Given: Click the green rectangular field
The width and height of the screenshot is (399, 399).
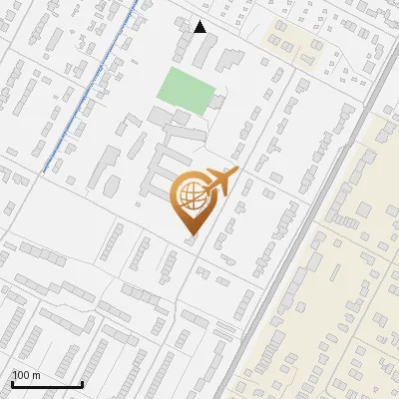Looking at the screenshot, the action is pos(187,92).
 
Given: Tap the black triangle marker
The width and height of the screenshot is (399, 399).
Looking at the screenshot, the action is pos(200,27).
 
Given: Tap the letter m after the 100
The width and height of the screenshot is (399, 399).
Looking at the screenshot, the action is pos(36,374).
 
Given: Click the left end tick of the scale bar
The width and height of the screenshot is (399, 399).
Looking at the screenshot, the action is pos(12,384).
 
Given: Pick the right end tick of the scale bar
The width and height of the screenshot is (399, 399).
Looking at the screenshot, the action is pos(82,384).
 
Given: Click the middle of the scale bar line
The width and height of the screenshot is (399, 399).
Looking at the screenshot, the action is pos(47,385).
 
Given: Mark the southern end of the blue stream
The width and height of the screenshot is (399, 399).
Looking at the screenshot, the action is pos(44,172).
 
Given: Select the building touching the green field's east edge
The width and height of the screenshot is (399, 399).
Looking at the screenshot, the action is pos(218,100).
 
